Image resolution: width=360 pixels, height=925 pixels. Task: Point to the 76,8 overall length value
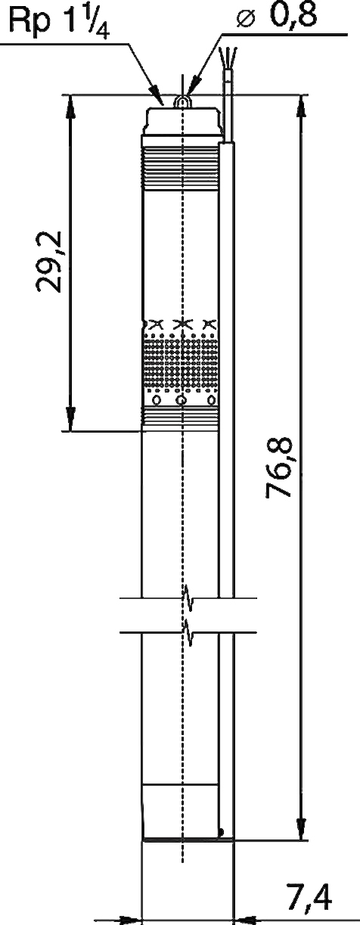point(280,467)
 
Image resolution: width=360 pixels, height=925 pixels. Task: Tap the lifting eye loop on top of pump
point(182,101)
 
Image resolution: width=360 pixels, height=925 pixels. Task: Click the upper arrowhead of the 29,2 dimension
point(71,108)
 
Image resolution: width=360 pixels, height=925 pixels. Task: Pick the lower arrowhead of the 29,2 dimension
point(71,419)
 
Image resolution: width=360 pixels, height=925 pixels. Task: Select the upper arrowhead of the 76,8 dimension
point(303,108)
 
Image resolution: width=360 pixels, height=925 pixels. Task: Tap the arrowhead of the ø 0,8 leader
point(192,86)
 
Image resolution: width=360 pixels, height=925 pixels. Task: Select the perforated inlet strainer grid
point(180,362)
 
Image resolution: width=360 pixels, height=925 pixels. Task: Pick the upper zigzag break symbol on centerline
point(188,598)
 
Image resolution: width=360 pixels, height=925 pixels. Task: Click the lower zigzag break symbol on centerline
point(188,632)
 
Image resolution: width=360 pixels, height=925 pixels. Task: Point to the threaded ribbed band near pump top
point(180,169)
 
